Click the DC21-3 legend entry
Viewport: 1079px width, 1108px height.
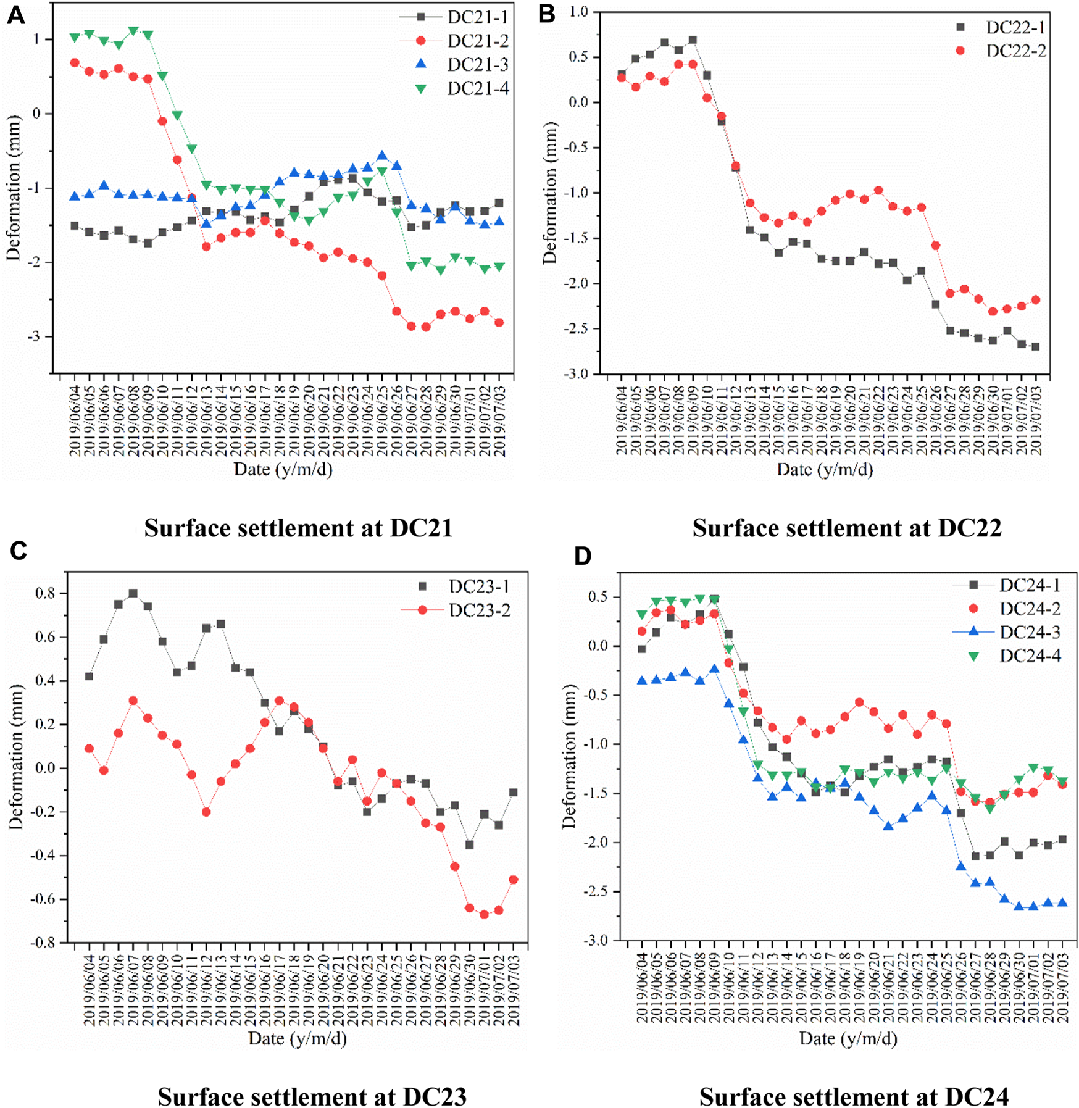coord(478,64)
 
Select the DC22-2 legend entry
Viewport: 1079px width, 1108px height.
coord(1015,51)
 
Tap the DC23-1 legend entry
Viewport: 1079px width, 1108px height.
coord(478,586)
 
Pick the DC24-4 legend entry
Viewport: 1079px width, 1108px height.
coord(1030,656)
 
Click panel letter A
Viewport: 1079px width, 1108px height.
coord(15,15)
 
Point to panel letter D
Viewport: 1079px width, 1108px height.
coord(582,556)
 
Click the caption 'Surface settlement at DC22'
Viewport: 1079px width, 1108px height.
coord(846,528)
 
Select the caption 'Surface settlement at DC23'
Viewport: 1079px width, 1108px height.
coord(312,1097)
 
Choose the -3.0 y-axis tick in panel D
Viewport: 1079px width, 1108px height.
coord(595,940)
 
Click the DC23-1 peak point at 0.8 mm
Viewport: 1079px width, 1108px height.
coord(133,593)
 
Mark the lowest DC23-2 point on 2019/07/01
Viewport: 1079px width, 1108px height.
coord(484,915)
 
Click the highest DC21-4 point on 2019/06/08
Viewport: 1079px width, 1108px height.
coord(133,30)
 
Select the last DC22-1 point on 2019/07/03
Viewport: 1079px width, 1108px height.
coord(1035,347)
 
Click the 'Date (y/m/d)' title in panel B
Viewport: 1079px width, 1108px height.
coord(825,470)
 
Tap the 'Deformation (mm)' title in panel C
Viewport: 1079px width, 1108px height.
coord(15,757)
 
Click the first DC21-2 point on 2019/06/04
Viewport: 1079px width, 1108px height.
coord(75,62)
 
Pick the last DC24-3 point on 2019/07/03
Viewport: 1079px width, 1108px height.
coord(1062,903)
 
